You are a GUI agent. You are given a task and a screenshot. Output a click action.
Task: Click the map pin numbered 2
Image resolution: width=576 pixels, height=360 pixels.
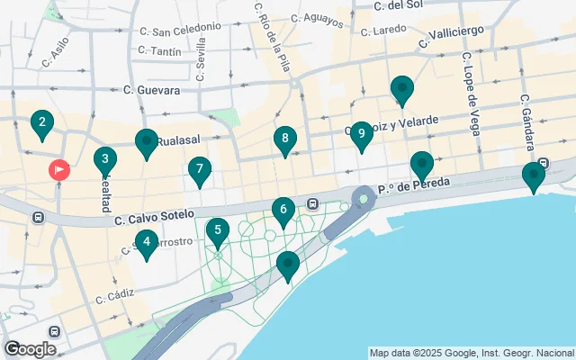tap(41, 123)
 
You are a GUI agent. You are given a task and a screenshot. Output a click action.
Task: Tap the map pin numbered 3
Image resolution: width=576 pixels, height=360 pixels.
tap(105, 161)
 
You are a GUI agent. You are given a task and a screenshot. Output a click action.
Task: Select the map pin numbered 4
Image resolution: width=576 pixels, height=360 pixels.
tap(147, 240)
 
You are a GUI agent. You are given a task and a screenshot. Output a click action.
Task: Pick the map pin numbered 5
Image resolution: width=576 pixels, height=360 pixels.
tap(217, 231)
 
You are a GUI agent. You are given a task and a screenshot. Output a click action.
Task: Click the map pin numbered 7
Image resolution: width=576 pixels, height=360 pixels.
tap(200, 169)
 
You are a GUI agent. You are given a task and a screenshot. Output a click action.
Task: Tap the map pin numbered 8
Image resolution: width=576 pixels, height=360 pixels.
tap(285, 139)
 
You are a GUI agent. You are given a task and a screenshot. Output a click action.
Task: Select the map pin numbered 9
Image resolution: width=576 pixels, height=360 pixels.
tap(361, 135)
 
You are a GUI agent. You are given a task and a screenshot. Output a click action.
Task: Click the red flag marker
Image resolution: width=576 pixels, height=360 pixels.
tap(59, 169)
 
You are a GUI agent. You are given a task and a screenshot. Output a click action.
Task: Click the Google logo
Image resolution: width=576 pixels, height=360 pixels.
tap(30, 348)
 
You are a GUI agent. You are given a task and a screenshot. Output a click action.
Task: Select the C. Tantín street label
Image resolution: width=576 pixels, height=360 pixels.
tap(163, 51)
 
